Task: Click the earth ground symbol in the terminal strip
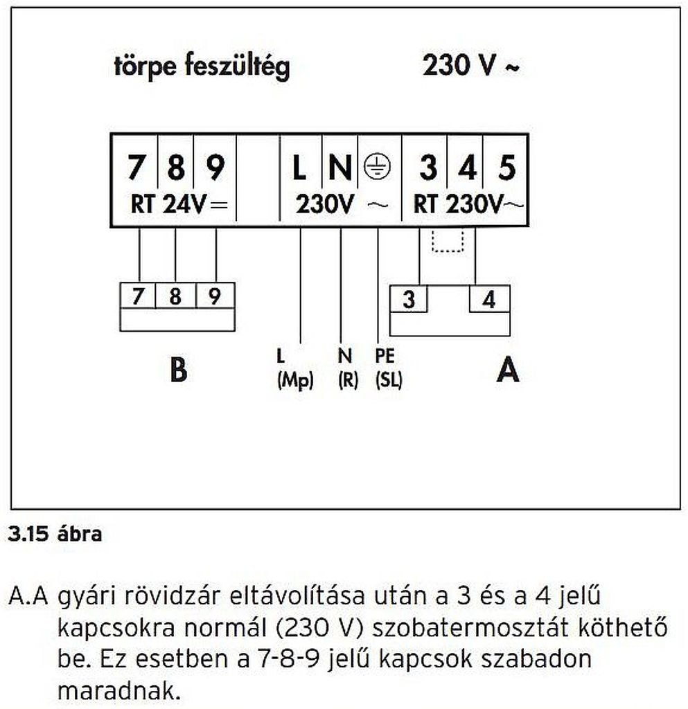click(x=378, y=167)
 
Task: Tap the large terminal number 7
click(x=138, y=168)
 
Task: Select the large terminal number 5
click(x=507, y=168)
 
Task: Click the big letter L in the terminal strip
click(x=299, y=168)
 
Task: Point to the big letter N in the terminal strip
click(x=339, y=168)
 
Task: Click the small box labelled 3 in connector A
click(x=409, y=300)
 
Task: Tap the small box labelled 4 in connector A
click(x=489, y=300)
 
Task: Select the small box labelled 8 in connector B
click(x=175, y=297)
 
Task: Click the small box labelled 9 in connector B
click(x=215, y=297)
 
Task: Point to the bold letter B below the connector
click(x=178, y=371)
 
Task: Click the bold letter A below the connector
click(x=507, y=372)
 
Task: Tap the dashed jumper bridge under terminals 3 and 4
click(x=447, y=242)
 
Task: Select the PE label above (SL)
click(x=385, y=356)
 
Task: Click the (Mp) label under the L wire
click(x=295, y=380)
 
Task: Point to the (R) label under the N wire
click(x=347, y=380)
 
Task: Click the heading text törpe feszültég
click(x=202, y=67)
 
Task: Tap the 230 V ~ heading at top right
click(x=471, y=66)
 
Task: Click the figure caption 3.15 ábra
click(x=55, y=535)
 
